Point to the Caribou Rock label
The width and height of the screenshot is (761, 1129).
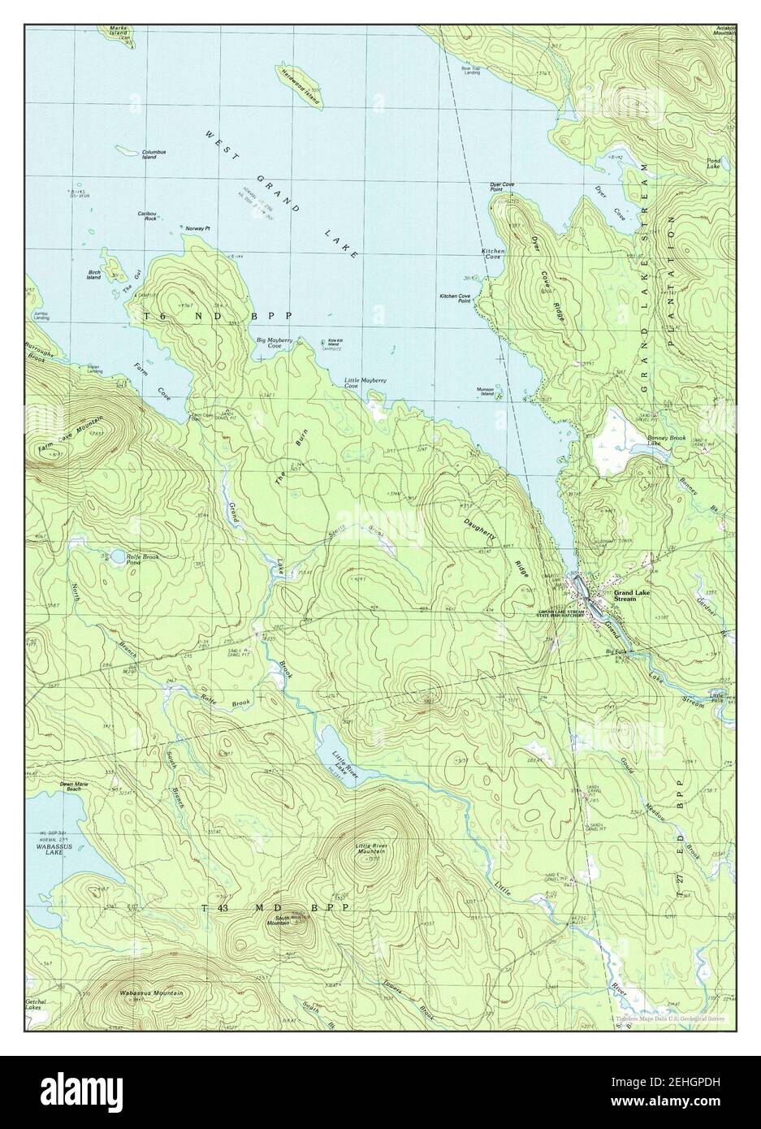(x=146, y=216)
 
